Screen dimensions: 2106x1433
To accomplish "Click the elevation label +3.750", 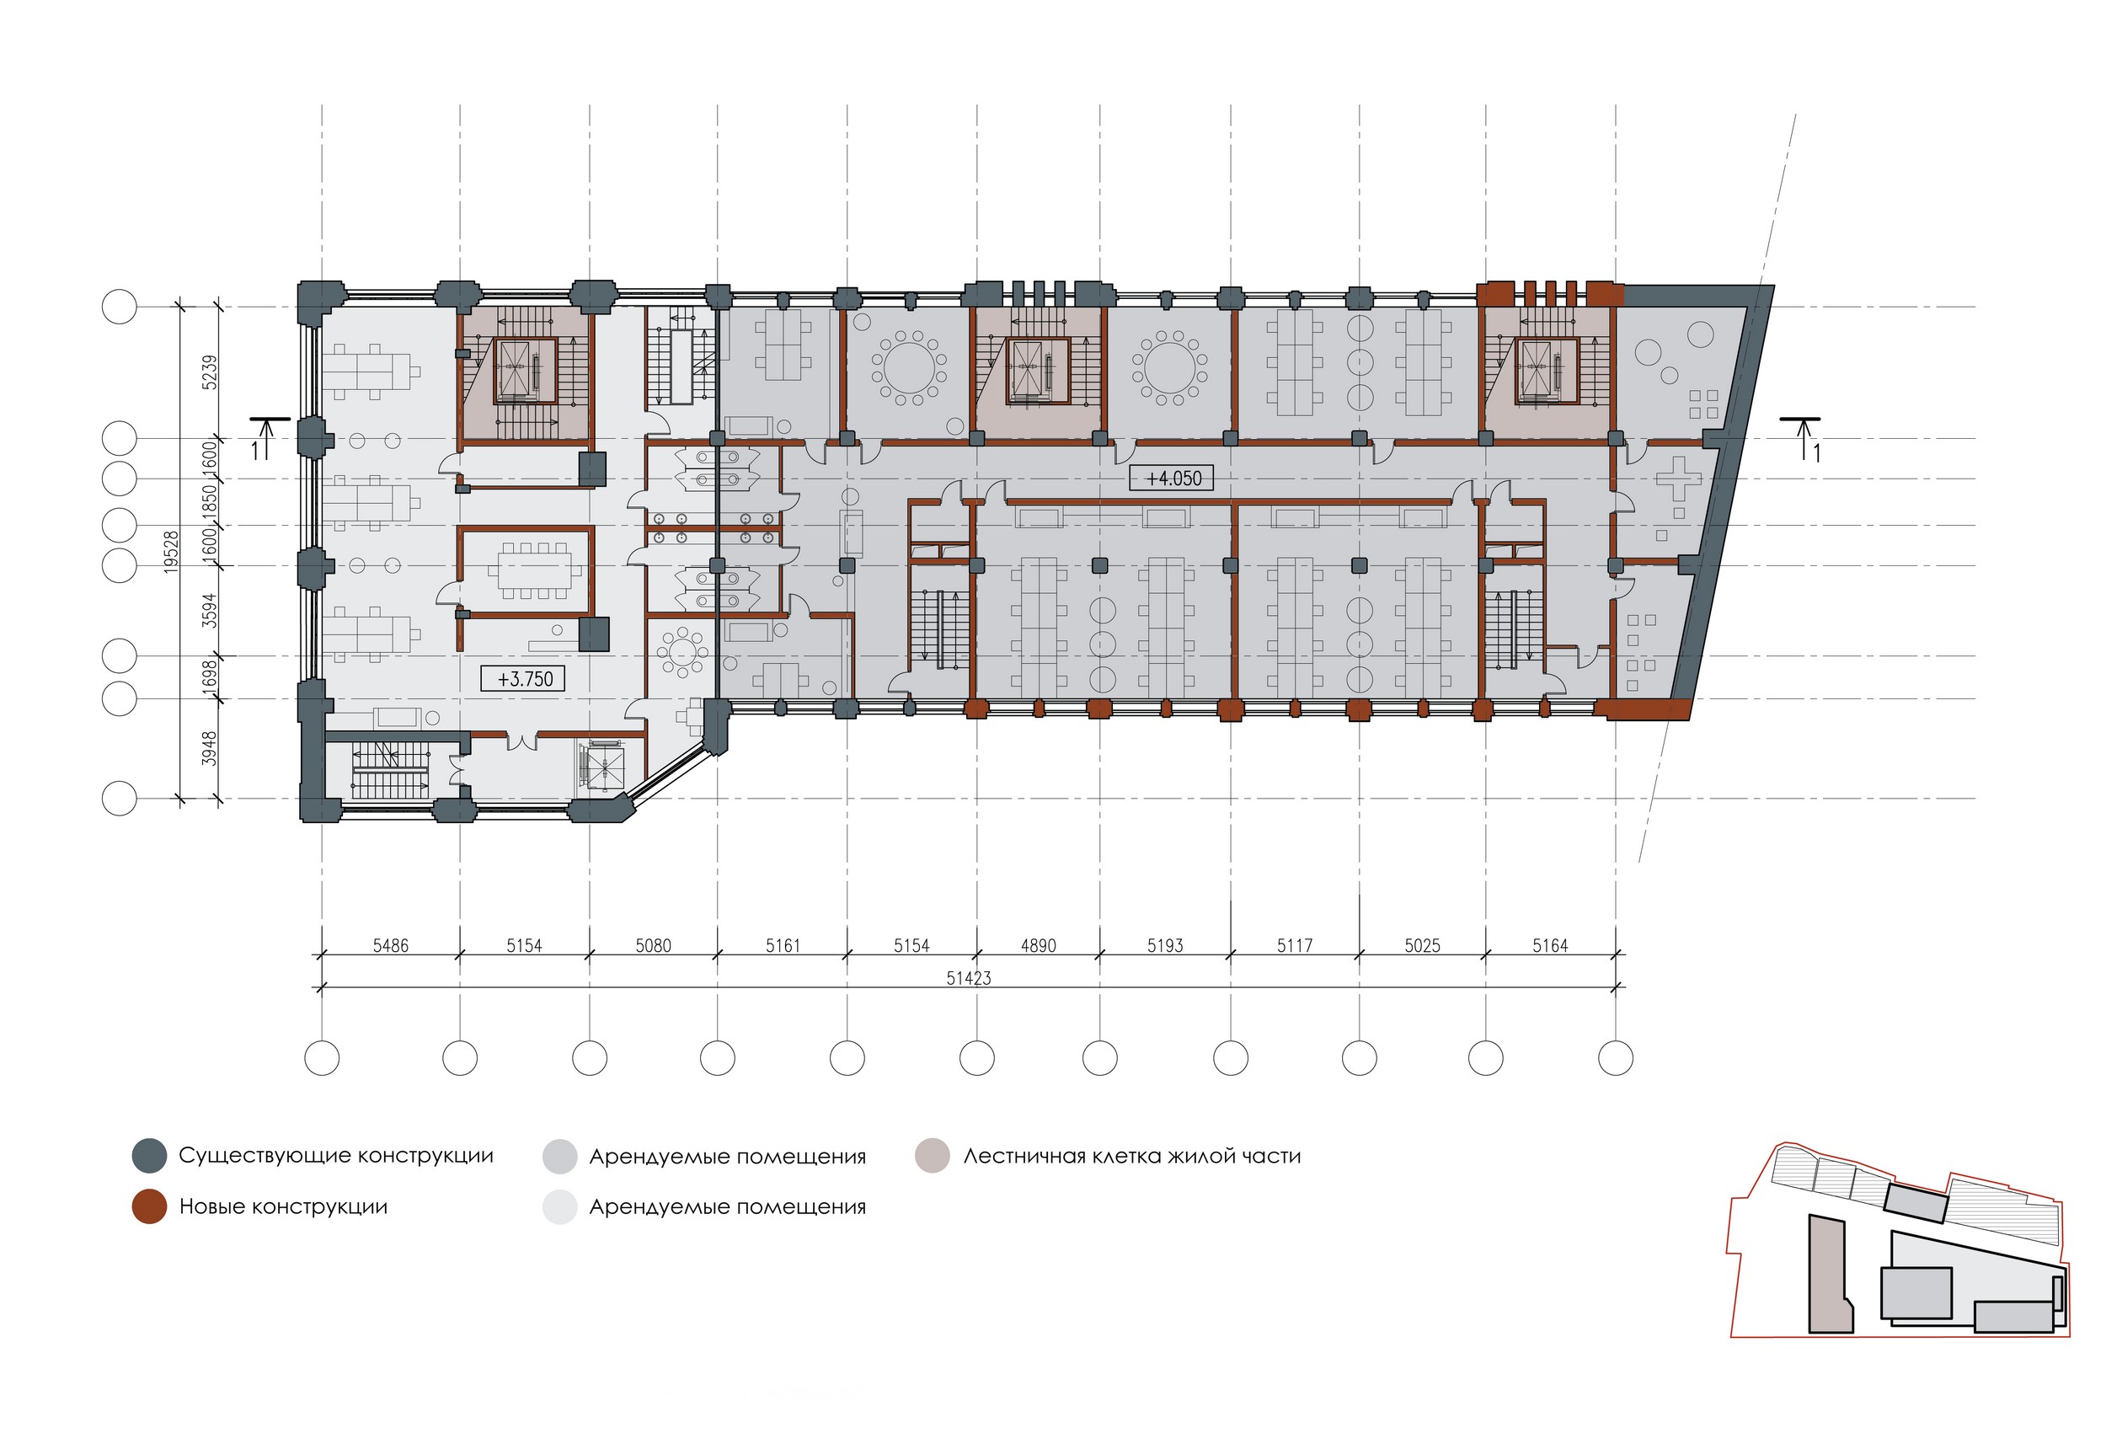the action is click(525, 678).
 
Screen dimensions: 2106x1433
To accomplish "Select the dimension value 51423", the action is click(969, 978).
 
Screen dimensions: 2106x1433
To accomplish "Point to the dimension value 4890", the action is click(1039, 945).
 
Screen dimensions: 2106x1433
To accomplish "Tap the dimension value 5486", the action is click(391, 945).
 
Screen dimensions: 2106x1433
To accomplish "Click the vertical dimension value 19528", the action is click(171, 551).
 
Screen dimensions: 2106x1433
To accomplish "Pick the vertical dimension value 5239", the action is click(209, 372).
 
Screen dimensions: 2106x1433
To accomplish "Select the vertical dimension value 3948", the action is click(209, 749).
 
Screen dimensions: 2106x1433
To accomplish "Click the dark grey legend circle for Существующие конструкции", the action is click(149, 1156).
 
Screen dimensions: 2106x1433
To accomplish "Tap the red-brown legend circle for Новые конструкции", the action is click(149, 1206).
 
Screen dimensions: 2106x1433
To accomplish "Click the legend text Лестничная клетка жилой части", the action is click(1132, 1157).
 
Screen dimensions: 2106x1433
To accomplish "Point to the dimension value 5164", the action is click(1550, 945).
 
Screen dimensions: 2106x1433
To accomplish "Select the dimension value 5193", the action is click(1165, 945).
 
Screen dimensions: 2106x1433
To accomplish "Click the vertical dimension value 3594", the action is click(209, 611).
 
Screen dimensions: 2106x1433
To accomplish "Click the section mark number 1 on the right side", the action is click(1817, 453).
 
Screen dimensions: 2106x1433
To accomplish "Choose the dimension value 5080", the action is click(653, 945).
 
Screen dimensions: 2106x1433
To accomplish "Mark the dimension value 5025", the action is click(1422, 945).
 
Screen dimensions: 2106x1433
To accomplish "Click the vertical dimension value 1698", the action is click(209, 677).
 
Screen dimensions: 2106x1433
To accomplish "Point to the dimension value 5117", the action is click(1295, 945).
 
